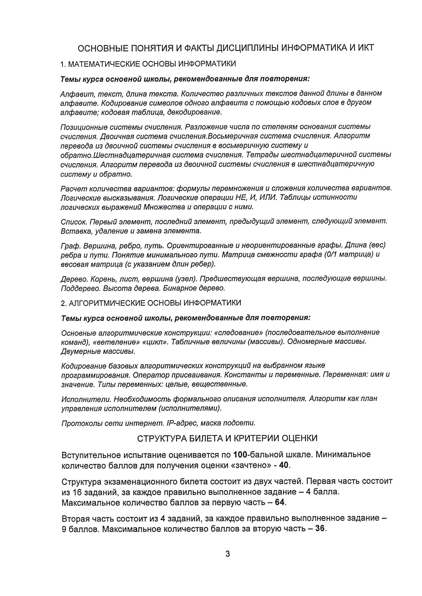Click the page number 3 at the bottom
coord(227,554)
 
